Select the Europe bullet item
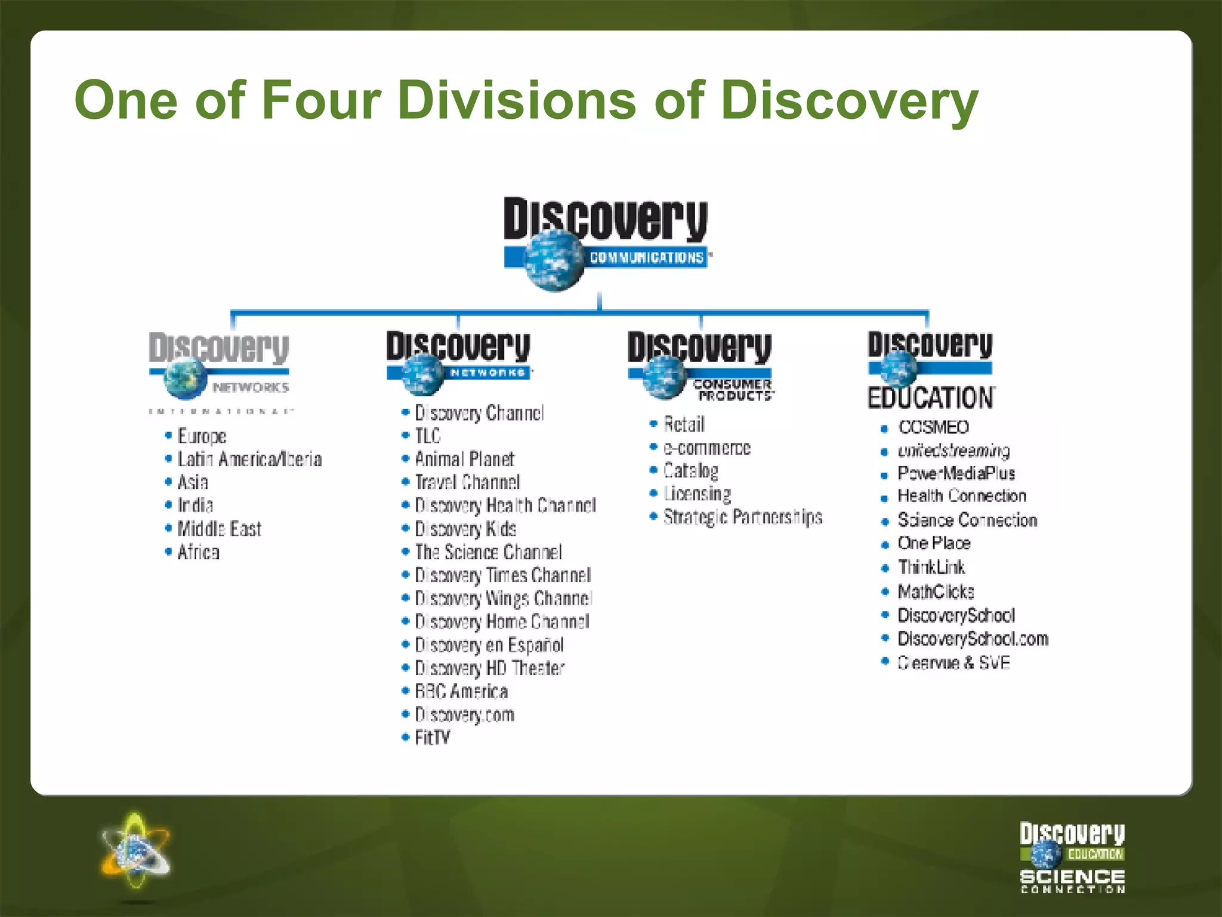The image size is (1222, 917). pos(202,436)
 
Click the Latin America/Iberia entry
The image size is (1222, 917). pos(249,459)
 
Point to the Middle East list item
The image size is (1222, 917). pos(219,529)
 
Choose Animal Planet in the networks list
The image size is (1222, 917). pos(464,459)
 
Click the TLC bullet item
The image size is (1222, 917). pos(427,436)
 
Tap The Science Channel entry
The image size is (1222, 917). pos(488,552)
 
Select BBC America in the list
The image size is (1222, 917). pos(461,691)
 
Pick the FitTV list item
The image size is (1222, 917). pos(433,738)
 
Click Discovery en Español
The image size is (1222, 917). pos(489,645)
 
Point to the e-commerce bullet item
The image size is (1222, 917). pos(706,448)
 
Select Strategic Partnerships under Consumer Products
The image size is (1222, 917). pos(743,517)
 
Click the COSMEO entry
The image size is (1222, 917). pos(933,427)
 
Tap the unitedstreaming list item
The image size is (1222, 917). pos(953,450)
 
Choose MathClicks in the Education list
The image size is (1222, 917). pos(936,592)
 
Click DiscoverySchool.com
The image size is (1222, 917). pos(973,639)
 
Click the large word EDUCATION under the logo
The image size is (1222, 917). pos(931,398)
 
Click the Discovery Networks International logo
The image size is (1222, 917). pos(220,370)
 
